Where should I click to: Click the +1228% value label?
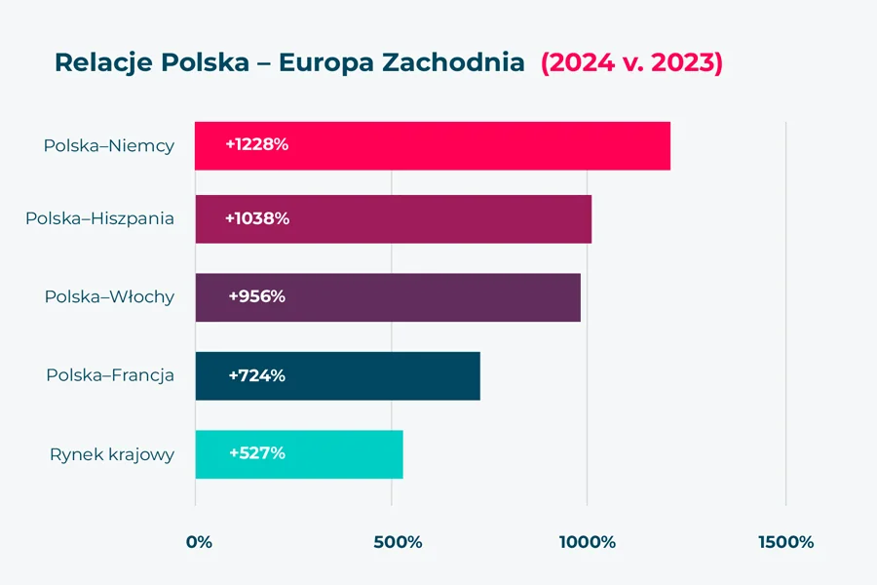click(x=257, y=145)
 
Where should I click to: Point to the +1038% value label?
click(x=257, y=219)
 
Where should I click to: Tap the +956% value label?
click(x=257, y=297)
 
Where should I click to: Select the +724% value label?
click(x=257, y=376)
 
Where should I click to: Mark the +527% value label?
click(x=257, y=454)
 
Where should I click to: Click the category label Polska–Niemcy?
click(x=108, y=146)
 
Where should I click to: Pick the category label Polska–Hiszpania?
click(x=99, y=218)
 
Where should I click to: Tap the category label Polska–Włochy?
click(x=109, y=297)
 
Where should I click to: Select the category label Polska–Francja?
click(x=110, y=375)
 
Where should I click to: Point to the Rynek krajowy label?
click(x=112, y=454)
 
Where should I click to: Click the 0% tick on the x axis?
click(x=199, y=542)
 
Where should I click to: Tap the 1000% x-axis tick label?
click(x=588, y=542)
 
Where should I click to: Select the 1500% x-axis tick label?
click(x=785, y=542)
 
